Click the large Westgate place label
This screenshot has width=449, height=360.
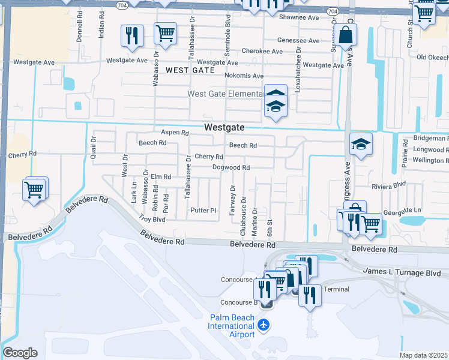224,127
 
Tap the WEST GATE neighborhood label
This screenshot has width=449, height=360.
190,70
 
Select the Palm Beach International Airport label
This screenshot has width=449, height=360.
231,326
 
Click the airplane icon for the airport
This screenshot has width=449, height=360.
264,325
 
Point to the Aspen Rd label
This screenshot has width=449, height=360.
175,133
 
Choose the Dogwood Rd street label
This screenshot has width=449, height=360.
231,167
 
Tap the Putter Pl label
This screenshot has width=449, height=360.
203,210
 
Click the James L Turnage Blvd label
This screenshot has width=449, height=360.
402,272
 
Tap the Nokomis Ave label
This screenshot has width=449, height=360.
244,76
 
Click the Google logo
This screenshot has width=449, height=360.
20,353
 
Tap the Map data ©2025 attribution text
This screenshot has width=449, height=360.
423,355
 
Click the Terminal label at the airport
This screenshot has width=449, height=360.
336,289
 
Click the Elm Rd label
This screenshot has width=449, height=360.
161,177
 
